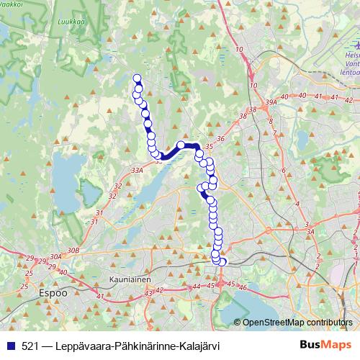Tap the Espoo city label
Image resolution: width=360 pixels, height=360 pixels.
53,294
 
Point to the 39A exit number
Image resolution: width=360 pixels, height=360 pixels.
271,103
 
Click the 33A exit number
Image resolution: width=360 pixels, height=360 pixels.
138,171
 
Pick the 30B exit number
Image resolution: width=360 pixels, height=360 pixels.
72,250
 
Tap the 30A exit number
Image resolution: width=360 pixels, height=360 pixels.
55,256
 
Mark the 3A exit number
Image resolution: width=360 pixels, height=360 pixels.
310,232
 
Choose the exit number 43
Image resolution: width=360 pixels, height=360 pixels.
148,293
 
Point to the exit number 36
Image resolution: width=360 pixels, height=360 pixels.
220,139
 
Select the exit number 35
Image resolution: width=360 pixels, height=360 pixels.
209,147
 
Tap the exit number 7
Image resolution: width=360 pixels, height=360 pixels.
274,132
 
